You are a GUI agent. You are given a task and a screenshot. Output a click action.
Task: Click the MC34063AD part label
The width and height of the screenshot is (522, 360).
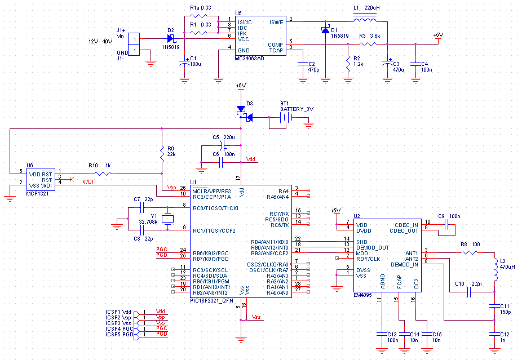[249, 59]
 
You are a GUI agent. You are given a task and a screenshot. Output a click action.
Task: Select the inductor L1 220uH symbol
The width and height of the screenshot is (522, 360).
[365, 18]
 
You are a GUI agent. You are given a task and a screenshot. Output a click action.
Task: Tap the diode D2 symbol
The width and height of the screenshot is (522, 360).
[171, 38]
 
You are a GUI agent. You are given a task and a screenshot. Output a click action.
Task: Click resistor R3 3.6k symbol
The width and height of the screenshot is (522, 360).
[368, 44]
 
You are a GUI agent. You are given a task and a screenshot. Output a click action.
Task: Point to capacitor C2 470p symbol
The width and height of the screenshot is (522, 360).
[303, 64]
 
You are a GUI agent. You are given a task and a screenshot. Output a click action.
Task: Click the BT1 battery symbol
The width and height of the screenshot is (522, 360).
[286, 117]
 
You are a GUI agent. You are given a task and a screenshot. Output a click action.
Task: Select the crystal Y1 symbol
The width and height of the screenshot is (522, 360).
[167, 219]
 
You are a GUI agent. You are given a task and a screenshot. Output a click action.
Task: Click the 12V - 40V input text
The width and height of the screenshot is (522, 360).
[100, 42]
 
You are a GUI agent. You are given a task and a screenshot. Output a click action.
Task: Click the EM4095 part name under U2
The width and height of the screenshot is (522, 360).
[362, 295]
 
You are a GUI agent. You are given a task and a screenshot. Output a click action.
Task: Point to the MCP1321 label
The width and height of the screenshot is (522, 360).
[37, 194]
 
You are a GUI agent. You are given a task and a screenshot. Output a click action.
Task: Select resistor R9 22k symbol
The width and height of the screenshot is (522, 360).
[162, 154]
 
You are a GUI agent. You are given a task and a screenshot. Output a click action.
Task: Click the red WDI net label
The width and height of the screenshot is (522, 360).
[88, 181]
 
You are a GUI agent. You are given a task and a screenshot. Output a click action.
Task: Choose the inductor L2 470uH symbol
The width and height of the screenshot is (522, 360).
[496, 270]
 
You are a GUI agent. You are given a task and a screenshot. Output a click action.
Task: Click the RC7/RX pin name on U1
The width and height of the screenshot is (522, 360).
[279, 214]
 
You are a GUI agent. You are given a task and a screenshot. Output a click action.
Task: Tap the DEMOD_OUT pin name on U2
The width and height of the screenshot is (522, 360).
[373, 247]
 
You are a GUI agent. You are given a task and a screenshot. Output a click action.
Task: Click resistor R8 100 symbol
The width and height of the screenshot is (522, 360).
[470, 252]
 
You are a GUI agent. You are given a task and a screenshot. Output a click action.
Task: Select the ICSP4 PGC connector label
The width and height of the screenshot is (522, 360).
[119, 328]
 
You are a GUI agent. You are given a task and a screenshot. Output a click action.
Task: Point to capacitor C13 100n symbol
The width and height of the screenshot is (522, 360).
[382, 334]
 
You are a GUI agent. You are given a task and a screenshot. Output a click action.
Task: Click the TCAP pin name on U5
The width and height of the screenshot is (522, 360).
[276, 50]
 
